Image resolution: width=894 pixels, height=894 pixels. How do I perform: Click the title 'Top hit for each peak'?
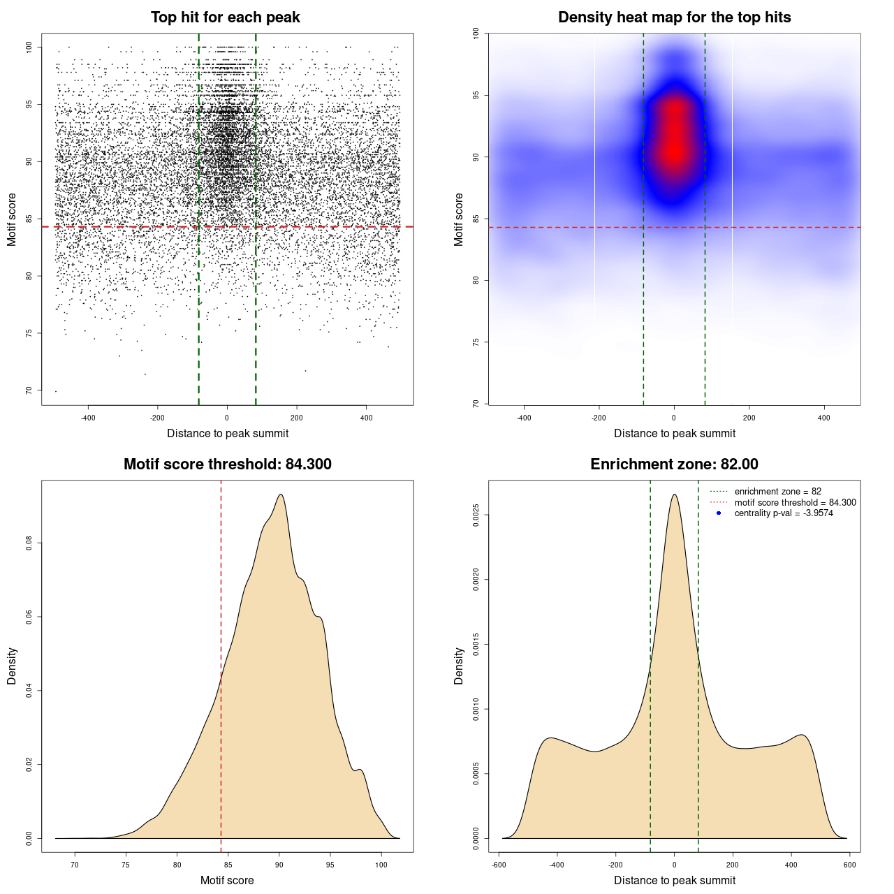click(225, 17)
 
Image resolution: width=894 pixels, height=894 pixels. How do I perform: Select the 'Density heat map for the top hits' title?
click(674, 17)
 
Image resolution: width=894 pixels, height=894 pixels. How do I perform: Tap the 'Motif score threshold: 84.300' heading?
click(227, 464)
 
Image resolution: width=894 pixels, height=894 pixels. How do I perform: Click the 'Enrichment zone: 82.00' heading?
click(674, 464)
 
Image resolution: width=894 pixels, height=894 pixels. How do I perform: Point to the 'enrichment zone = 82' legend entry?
click(777, 492)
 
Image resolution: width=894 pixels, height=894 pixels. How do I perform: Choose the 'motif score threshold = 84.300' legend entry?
click(795, 502)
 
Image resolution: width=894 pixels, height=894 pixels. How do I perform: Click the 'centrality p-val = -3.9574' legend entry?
click(784, 513)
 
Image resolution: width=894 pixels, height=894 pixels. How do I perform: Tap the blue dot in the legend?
click(719, 513)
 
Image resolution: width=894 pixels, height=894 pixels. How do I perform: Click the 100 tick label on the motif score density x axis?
click(381, 865)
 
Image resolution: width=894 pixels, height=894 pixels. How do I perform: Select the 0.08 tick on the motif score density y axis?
click(29, 543)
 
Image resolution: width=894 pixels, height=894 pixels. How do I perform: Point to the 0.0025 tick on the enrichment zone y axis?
click(476, 515)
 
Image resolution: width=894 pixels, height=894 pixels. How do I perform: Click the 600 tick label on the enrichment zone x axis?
click(849, 865)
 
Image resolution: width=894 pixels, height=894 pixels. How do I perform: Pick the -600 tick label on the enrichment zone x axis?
click(499, 865)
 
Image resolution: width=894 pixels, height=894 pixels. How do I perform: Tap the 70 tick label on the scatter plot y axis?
click(29, 390)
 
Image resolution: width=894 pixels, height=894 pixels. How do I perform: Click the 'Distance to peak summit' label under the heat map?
click(674, 433)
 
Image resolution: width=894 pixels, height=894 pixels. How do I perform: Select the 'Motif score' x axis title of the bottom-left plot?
click(227, 880)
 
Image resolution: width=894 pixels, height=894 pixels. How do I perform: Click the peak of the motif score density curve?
click(280, 494)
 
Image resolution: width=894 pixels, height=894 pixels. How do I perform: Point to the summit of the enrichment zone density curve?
click(674, 494)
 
